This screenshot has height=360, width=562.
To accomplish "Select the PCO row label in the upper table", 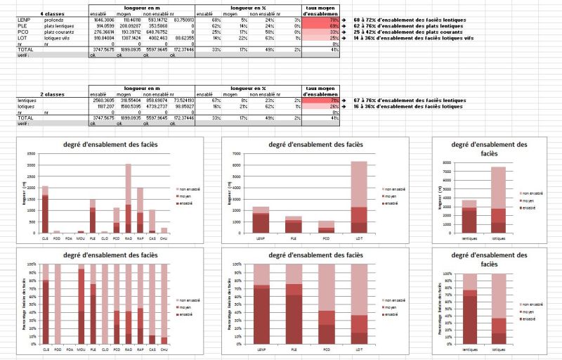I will click(x=23, y=32).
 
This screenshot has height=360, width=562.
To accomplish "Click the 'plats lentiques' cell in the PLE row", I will click(x=61, y=26).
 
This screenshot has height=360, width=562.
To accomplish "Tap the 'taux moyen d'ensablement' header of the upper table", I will click(x=319, y=11).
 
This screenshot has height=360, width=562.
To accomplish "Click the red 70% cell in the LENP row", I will click(x=319, y=20).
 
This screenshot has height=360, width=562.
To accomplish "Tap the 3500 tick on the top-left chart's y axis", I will click(x=32, y=153).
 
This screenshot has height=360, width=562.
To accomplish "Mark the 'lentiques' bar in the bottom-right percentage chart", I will click(x=469, y=309).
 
